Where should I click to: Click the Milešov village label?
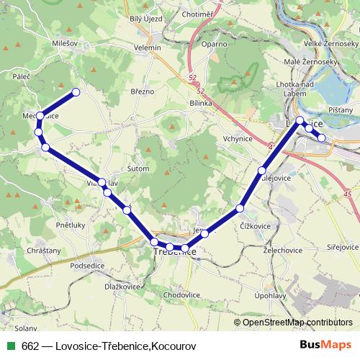(65, 44)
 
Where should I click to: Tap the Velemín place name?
(148, 48)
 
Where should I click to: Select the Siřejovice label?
(339, 246)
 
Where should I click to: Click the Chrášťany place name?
(43, 250)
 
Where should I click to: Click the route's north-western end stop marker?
(75, 92)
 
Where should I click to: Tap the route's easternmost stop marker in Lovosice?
(322, 138)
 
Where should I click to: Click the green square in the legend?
(9, 346)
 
